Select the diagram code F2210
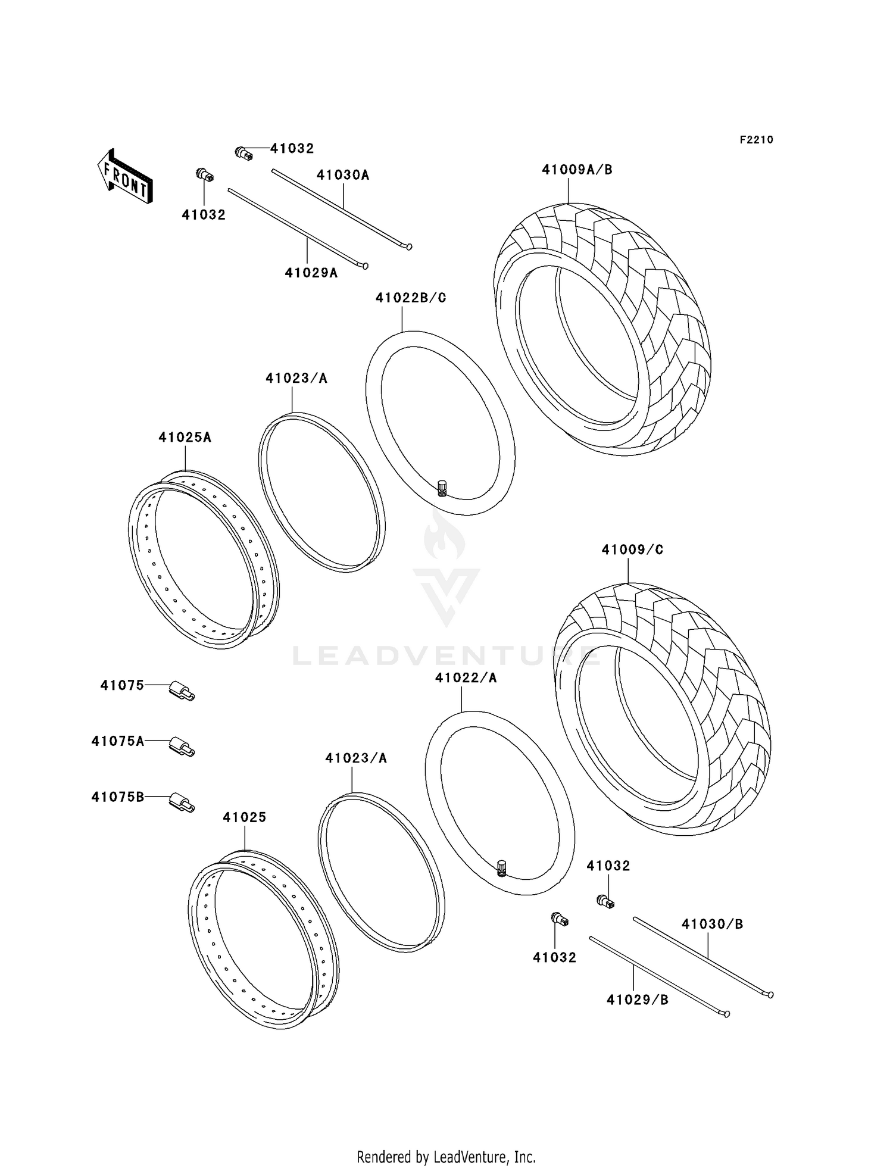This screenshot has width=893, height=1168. (x=756, y=140)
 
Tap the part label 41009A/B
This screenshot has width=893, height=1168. (x=577, y=170)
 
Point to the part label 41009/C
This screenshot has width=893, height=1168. (x=632, y=549)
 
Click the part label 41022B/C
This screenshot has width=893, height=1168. (x=411, y=298)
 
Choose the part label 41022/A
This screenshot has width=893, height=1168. (x=466, y=677)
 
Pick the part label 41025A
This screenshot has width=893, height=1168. (x=185, y=438)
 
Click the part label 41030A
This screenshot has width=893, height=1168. (x=343, y=175)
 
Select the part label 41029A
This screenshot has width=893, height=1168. (x=311, y=273)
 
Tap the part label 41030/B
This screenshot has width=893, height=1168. (x=712, y=924)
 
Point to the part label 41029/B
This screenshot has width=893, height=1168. (x=637, y=1000)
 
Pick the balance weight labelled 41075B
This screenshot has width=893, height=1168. (x=182, y=802)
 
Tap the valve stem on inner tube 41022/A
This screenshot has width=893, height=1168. (x=502, y=868)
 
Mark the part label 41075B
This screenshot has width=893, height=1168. (x=118, y=797)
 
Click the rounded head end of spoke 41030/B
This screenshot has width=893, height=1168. (x=770, y=994)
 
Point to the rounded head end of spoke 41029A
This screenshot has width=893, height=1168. (x=365, y=266)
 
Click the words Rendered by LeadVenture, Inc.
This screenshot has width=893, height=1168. (x=447, y=1157)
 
